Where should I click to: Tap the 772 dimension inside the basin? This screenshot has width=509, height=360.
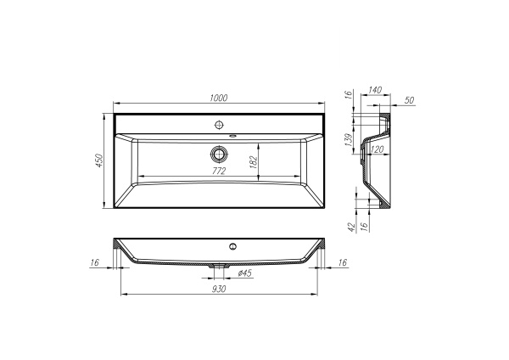click(219, 171)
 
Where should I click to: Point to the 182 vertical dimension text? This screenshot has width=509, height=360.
click(253, 162)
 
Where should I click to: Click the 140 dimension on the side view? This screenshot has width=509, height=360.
click(376, 89)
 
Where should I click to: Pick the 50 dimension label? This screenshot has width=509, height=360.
click(410, 101)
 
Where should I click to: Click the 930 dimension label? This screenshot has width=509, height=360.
click(219, 290)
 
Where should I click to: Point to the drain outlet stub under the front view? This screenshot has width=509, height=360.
click(221, 266)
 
